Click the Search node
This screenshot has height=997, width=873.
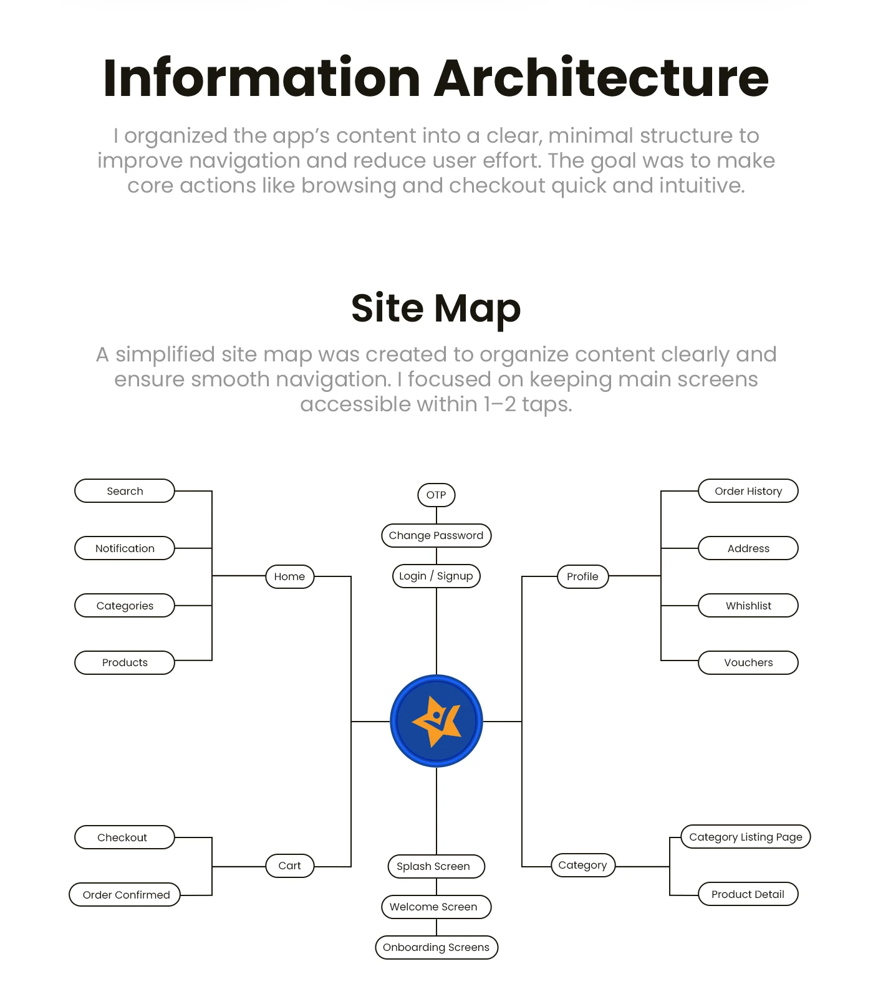(125, 491)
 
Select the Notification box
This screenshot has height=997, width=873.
(125, 548)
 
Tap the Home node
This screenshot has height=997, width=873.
(289, 576)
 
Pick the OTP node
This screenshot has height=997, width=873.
(436, 495)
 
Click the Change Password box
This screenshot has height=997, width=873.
(436, 535)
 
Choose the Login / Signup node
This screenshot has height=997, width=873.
(436, 576)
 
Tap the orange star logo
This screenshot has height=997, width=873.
(437, 721)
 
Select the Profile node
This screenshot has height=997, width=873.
(582, 576)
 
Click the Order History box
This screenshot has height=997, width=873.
(748, 491)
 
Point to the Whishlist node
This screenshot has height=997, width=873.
(748, 606)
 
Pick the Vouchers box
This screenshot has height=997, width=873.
(748, 662)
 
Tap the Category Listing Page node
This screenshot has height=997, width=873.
(746, 837)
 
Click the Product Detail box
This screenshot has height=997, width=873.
(748, 894)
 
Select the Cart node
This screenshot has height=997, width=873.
(289, 866)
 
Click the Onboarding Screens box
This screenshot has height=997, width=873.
(436, 947)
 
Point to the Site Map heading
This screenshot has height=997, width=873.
(436, 308)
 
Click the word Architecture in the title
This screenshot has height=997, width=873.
(602, 78)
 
